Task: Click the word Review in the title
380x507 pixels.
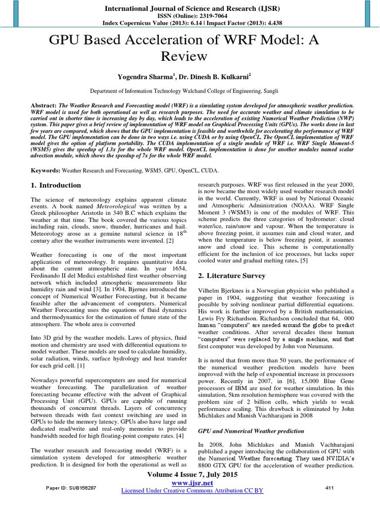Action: point(190,56)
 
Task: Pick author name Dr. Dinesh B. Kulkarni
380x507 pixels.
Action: point(217,77)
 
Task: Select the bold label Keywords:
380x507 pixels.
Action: point(45,170)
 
